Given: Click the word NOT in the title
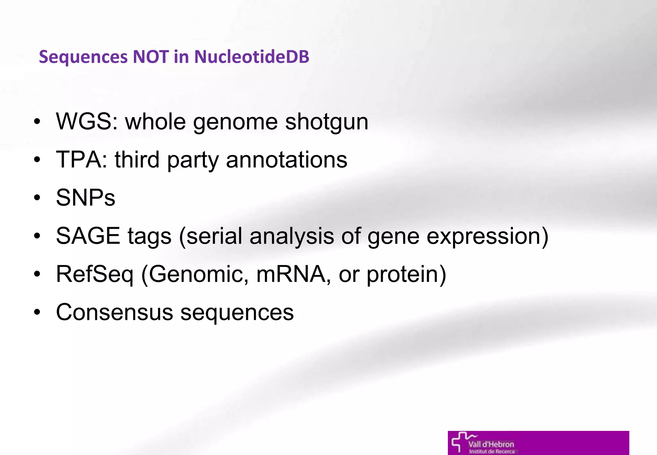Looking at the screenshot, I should point(151,57).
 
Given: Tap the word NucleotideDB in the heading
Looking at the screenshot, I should point(252,57).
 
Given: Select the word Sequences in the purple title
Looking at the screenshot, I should point(83,57).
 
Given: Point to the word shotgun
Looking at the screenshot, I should point(327,122).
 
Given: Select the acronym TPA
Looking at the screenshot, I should point(81,159).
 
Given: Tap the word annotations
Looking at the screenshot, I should point(286,159).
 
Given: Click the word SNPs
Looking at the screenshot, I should point(85,198).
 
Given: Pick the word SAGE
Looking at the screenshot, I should point(88,236).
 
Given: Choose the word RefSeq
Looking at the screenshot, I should point(95,274).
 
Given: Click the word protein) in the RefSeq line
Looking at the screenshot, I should point(406,274).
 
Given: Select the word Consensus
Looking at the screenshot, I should point(114,312).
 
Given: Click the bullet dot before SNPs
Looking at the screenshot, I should point(37,198).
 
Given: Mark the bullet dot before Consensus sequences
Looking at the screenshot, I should point(37,312).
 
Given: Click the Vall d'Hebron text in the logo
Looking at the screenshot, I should point(491,444).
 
